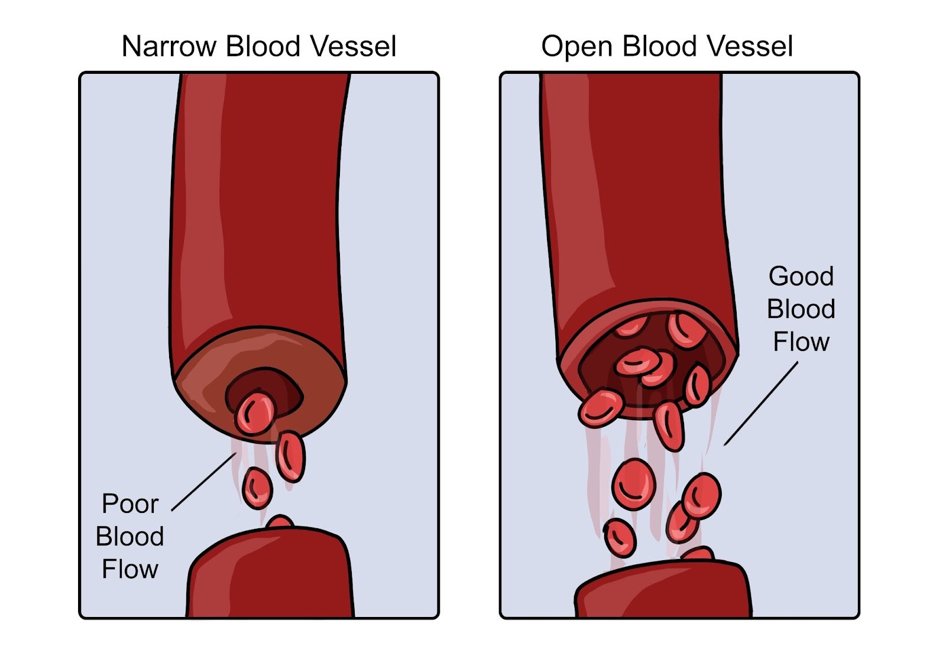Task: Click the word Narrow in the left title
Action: click(168, 47)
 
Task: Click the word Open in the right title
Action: click(576, 47)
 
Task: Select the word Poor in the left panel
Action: click(130, 504)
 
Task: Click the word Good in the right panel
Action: click(801, 277)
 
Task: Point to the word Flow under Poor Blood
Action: click(130, 569)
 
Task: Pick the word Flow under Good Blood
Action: click(801, 342)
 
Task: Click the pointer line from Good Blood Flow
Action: click(761, 403)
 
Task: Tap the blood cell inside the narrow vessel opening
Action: click(255, 413)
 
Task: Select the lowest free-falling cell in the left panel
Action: click(257, 488)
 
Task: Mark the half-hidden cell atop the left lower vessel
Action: click(280, 522)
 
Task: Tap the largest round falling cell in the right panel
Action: click(634, 484)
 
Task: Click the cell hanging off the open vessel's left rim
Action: click(601, 408)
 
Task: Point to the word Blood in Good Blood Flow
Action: click(801, 309)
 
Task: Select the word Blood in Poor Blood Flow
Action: click(130, 537)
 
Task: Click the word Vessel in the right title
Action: click(751, 47)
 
